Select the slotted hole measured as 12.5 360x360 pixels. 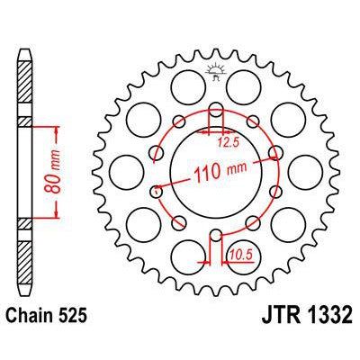216,116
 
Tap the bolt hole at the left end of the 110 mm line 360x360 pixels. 157,191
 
